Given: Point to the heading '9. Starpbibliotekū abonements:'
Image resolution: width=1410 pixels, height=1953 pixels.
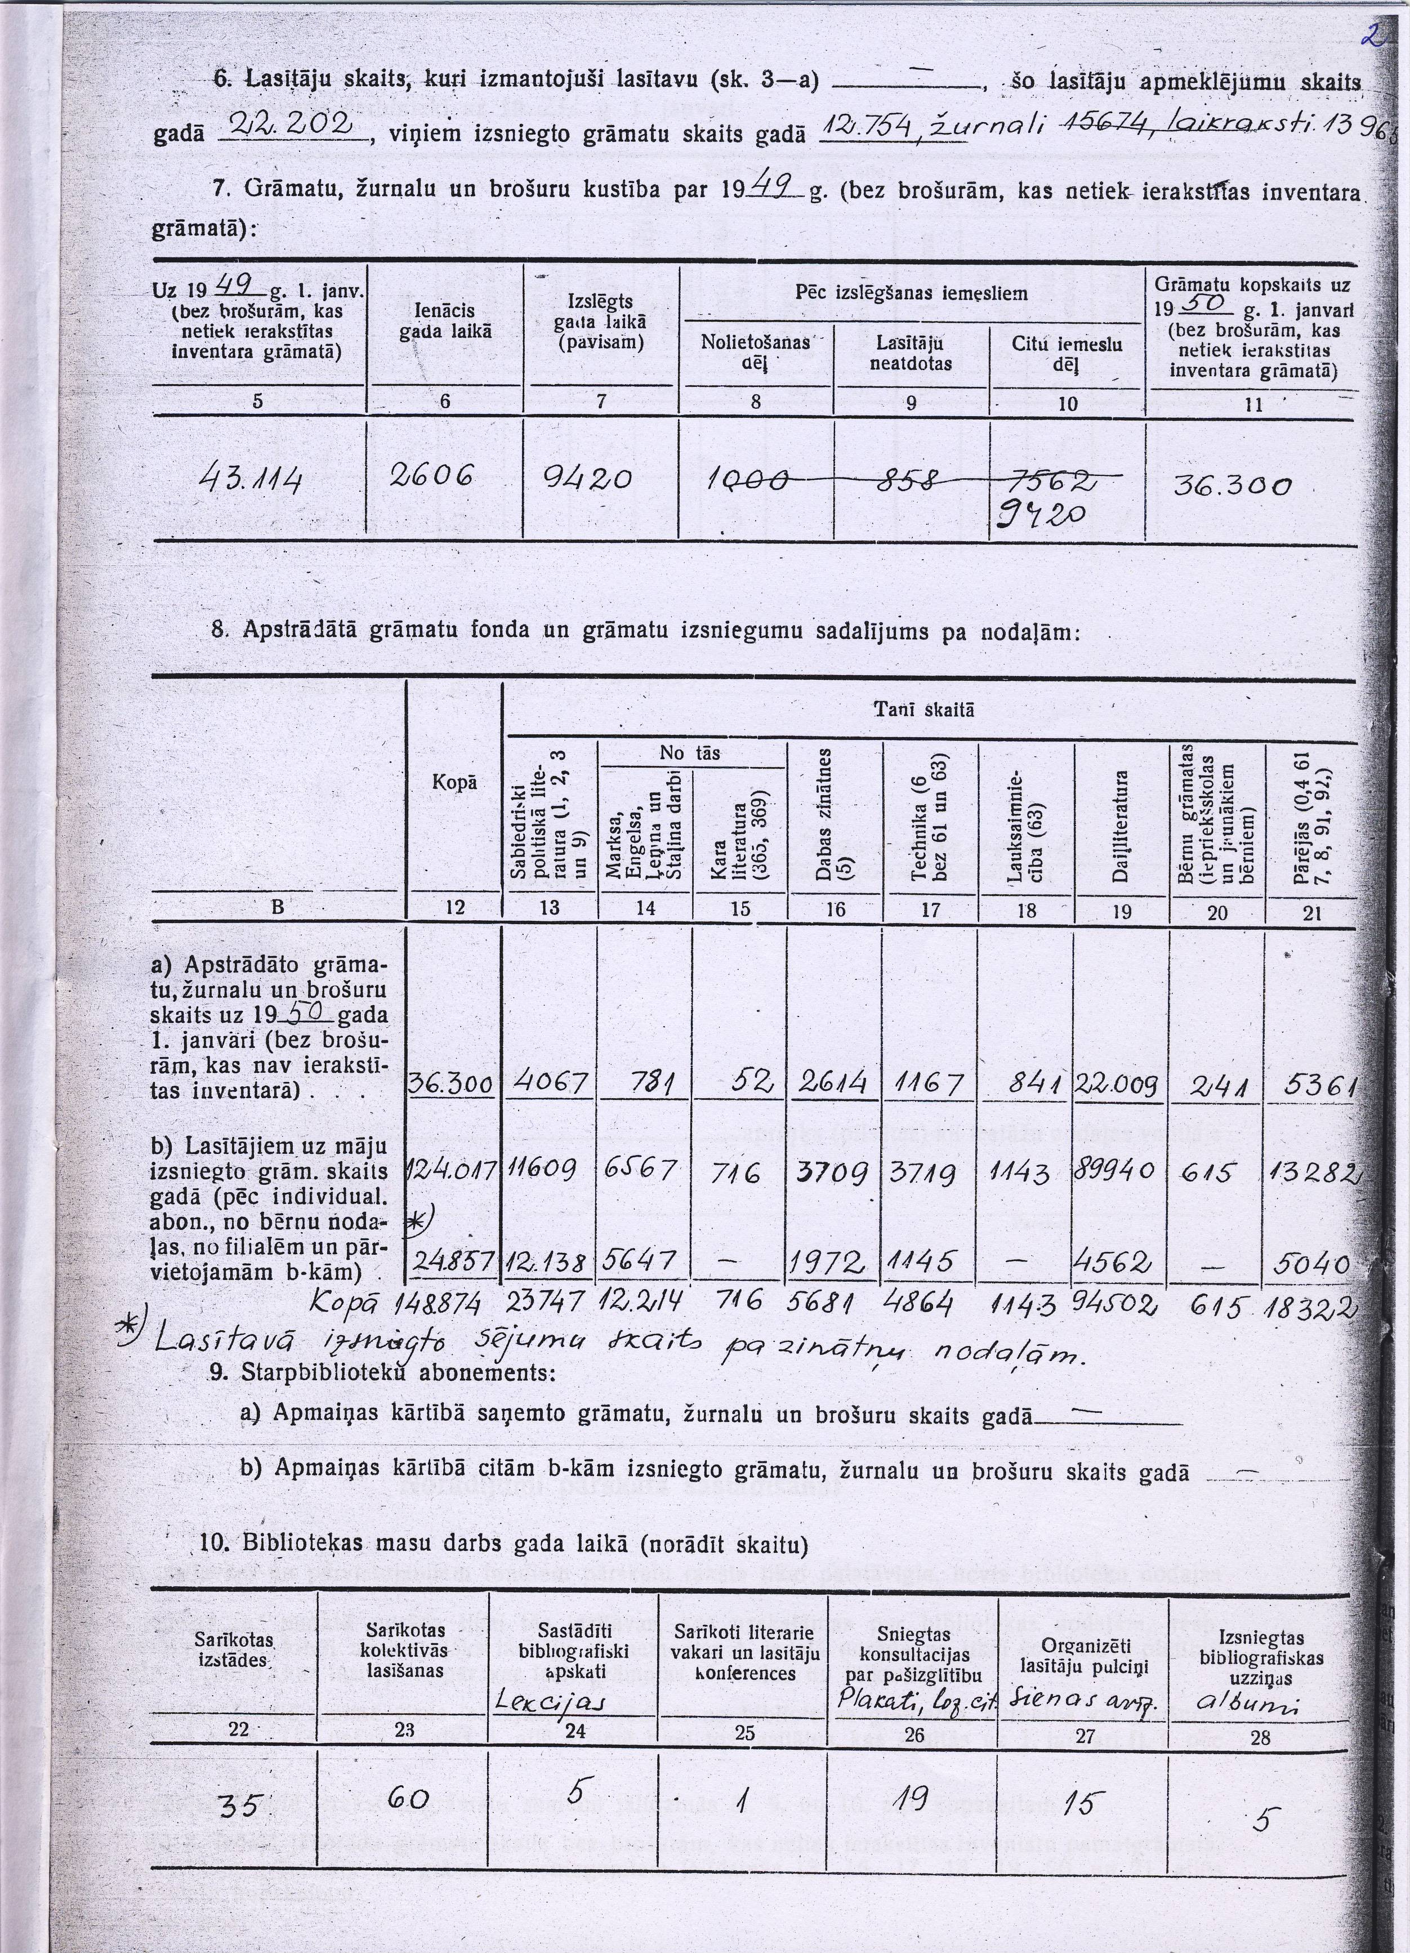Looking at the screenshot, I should (x=379, y=1372).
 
